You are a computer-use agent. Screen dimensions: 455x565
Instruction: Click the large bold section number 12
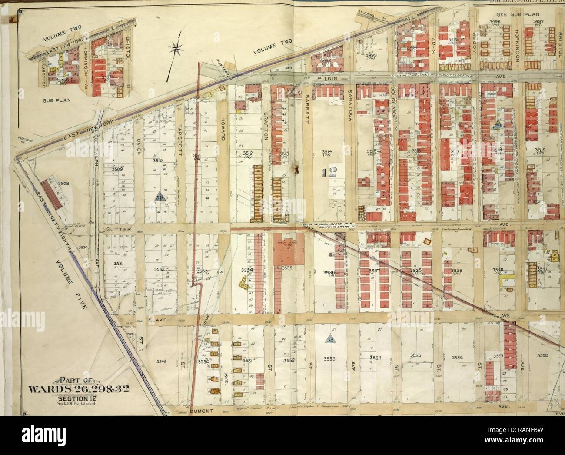click(329, 173)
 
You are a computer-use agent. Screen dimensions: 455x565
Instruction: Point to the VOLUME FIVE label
click(72, 285)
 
